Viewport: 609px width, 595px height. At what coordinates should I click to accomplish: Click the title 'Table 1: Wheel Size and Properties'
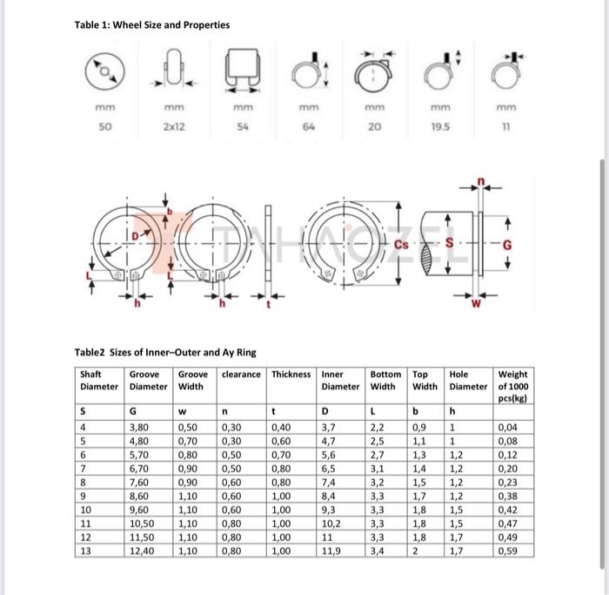151,24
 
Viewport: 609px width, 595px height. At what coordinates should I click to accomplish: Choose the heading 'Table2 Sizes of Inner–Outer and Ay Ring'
164,352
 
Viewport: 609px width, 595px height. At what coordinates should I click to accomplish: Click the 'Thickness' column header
291,375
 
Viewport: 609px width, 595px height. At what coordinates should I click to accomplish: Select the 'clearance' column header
241,375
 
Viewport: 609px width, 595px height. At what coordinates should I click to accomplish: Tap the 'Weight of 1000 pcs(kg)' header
514,386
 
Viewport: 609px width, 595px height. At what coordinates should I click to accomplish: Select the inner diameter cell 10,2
332,524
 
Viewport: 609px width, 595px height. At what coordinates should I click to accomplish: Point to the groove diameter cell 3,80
139,428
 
